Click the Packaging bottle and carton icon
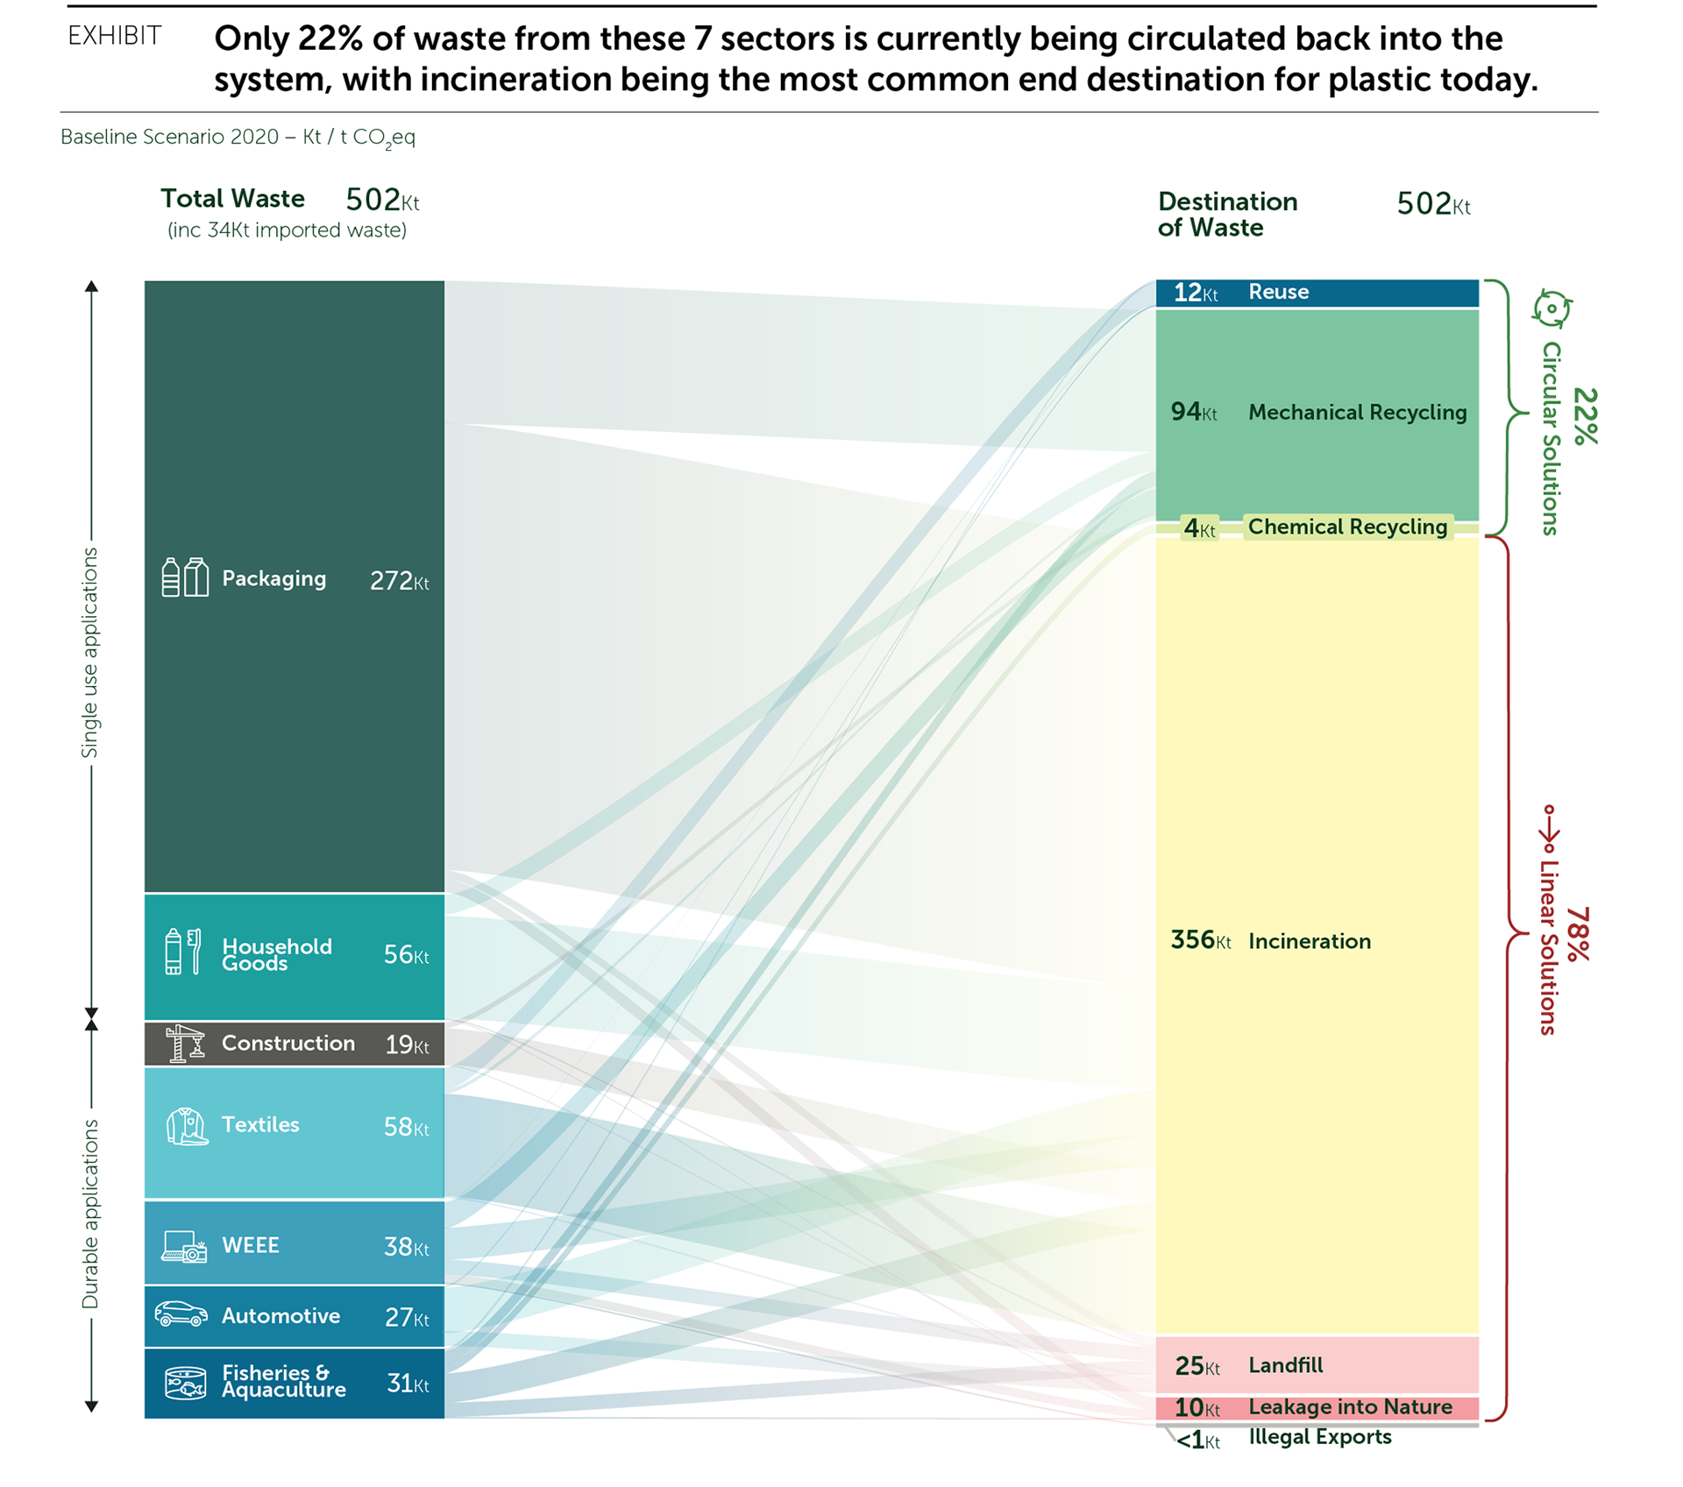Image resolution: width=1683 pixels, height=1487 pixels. (185, 577)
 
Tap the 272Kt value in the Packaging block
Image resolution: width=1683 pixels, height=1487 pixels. (399, 581)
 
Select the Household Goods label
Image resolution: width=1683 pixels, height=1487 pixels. (276, 954)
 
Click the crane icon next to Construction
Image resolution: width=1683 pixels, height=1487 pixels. (185, 1043)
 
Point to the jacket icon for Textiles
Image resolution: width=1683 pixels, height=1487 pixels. (187, 1126)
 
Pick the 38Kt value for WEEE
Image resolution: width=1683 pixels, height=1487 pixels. (406, 1246)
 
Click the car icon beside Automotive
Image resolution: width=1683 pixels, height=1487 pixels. (181, 1314)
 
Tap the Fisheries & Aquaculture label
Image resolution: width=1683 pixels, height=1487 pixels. (283, 1381)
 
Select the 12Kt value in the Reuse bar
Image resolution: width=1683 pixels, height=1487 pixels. (1195, 293)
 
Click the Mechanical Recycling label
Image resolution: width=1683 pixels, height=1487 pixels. (1357, 412)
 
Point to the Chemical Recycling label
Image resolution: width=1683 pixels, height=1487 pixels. (1347, 527)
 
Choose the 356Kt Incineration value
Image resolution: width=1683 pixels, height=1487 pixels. (1200, 940)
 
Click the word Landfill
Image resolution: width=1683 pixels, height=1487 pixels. (1285, 1364)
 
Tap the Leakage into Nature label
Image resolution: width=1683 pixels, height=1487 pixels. (1350, 1406)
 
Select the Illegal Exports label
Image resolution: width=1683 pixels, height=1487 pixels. (1319, 1436)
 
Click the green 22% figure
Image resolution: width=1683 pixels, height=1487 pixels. (1585, 415)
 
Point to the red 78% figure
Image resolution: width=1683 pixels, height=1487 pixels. (1577, 933)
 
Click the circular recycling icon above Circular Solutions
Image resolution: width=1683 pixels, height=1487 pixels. (1552, 309)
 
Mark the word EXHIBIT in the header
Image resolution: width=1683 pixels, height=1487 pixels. (115, 36)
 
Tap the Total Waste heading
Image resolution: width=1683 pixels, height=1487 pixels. (232, 199)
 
